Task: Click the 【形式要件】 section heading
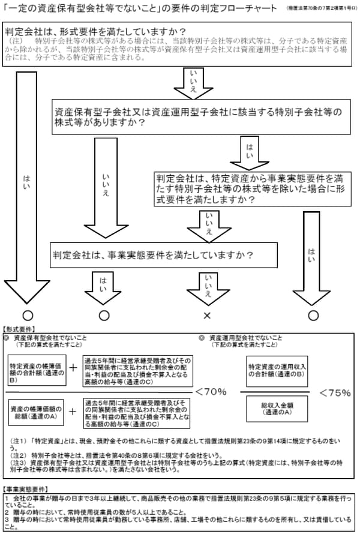point(19,329)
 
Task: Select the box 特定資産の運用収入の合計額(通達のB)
point(277,370)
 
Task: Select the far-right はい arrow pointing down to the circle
point(312,252)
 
